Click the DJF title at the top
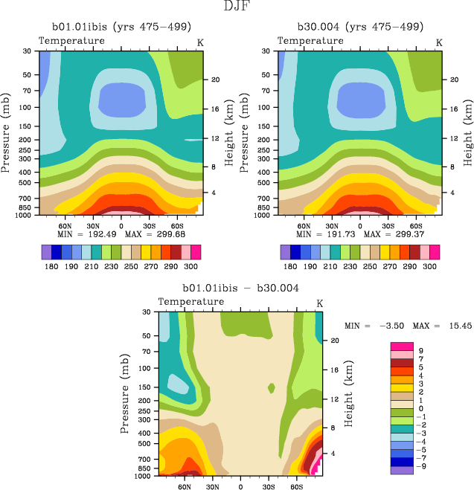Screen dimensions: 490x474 tap(237, 7)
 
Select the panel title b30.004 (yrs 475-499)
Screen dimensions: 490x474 tap(359, 26)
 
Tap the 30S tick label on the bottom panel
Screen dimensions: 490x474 tap(268, 487)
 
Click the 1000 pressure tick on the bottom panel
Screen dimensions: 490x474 tap(146, 475)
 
